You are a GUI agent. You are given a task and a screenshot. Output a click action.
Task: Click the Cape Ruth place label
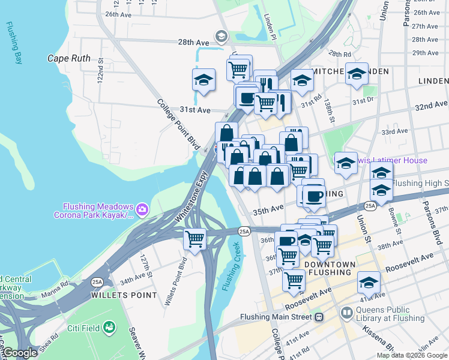(69, 59)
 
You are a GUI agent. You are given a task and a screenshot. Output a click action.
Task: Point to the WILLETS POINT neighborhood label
(124, 295)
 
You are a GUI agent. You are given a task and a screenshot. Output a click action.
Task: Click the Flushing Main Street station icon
(319, 317)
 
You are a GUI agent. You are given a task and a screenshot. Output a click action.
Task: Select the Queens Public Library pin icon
(347, 313)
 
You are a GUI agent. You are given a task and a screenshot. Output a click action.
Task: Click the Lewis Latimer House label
(390, 160)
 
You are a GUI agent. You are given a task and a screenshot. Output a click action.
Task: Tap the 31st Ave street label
(195, 110)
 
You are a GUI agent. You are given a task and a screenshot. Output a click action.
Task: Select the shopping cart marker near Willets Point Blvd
(195, 238)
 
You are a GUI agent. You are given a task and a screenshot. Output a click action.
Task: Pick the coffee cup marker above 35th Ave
(313, 196)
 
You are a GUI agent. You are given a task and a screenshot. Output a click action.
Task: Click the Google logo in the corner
(20, 353)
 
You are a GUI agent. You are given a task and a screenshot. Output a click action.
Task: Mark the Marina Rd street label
(56, 294)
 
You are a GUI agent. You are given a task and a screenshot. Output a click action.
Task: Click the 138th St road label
(329, 109)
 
